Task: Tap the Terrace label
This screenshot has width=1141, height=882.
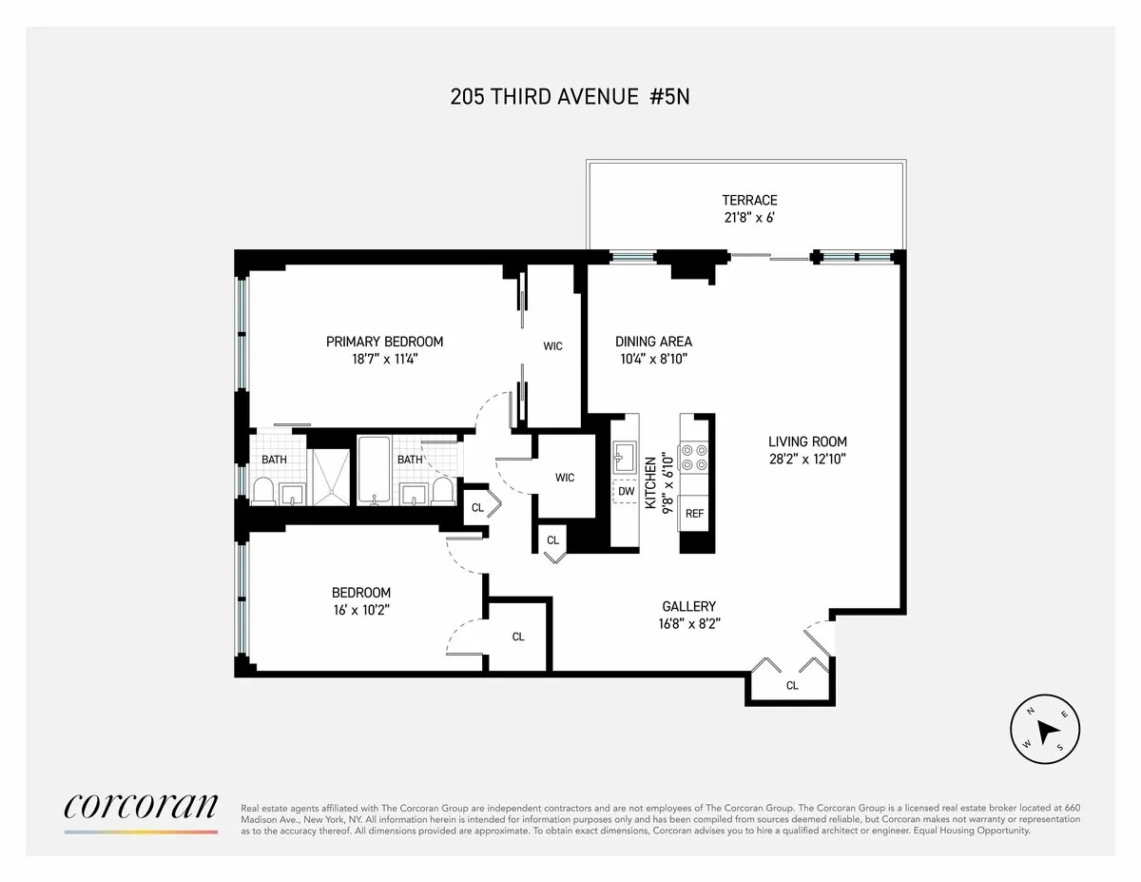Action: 749,200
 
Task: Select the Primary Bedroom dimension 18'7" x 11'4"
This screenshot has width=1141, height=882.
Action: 384,359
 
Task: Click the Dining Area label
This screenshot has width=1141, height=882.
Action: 653,342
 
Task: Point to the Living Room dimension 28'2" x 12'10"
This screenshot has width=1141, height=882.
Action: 807,459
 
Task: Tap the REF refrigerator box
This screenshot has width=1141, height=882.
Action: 695,513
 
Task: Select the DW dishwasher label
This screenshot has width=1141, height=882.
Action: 626,492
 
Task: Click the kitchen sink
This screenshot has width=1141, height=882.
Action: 626,458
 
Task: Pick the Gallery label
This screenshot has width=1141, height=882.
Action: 688,606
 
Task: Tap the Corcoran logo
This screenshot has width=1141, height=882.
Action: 141,807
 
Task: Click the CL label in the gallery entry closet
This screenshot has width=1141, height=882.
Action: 792,685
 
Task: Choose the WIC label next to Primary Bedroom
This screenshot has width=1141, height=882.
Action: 552,346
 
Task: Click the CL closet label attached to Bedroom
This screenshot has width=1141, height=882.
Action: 518,637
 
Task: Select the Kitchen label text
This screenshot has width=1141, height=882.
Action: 651,482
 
